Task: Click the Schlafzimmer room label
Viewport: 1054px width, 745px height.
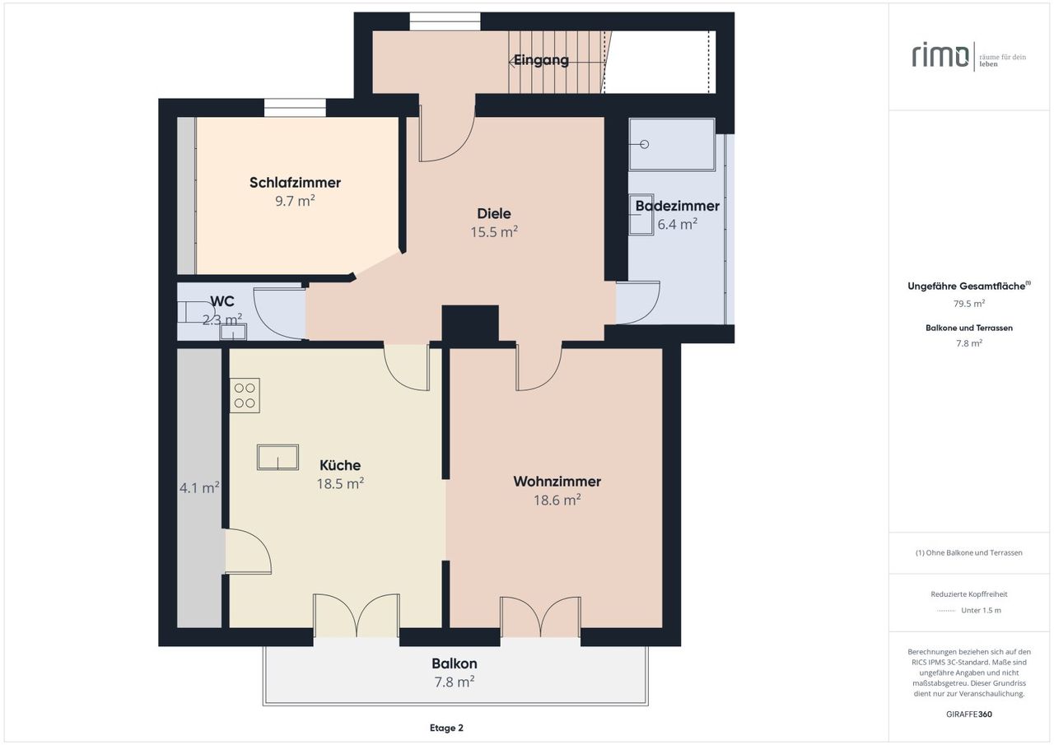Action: click(x=295, y=183)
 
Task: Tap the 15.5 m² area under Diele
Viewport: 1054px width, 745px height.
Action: click(x=494, y=232)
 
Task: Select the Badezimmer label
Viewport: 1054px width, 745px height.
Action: click(x=677, y=206)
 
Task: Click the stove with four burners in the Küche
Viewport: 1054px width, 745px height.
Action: click(x=245, y=395)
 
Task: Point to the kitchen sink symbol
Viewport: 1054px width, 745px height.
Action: click(x=277, y=457)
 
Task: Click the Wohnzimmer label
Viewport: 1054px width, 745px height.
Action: click(x=557, y=481)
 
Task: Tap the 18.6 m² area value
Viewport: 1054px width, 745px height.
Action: click(x=557, y=500)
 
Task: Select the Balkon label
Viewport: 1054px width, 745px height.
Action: click(x=455, y=664)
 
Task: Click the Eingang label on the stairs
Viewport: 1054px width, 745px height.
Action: click(x=541, y=60)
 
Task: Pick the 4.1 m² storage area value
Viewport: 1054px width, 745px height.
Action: click(x=199, y=487)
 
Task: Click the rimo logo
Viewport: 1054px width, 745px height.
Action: click(x=940, y=56)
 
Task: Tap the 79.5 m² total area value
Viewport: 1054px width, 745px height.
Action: click(x=969, y=304)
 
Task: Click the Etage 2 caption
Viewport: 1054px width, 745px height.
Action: click(x=446, y=728)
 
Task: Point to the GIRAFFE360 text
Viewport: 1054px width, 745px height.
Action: click(x=969, y=714)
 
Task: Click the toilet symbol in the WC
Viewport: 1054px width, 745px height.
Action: click(x=196, y=312)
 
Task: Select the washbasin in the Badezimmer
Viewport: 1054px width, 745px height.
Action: click(x=641, y=215)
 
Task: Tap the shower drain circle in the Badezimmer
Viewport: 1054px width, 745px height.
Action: click(x=645, y=144)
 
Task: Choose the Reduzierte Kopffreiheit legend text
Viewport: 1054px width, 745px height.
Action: click(x=969, y=594)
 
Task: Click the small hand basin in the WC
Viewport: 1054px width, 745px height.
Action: click(x=233, y=332)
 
